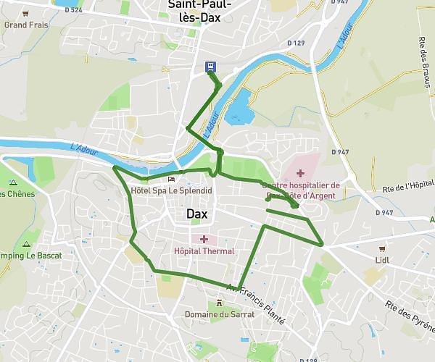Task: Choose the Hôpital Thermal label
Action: pyautogui.click(x=204, y=251)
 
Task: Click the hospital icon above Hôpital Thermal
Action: pyautogui.click(x=204, y=239)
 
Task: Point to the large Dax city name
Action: pyautogui.click(x=197, y=214)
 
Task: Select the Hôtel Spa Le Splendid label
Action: pyautogui.click(x=171, y=190)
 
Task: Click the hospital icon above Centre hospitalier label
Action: pyautogui.click(x=300, y=173)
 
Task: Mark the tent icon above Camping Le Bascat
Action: pyautogui.click(x=27, y=243)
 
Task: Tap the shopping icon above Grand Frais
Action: pyautogui.click(x=25, y=13)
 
